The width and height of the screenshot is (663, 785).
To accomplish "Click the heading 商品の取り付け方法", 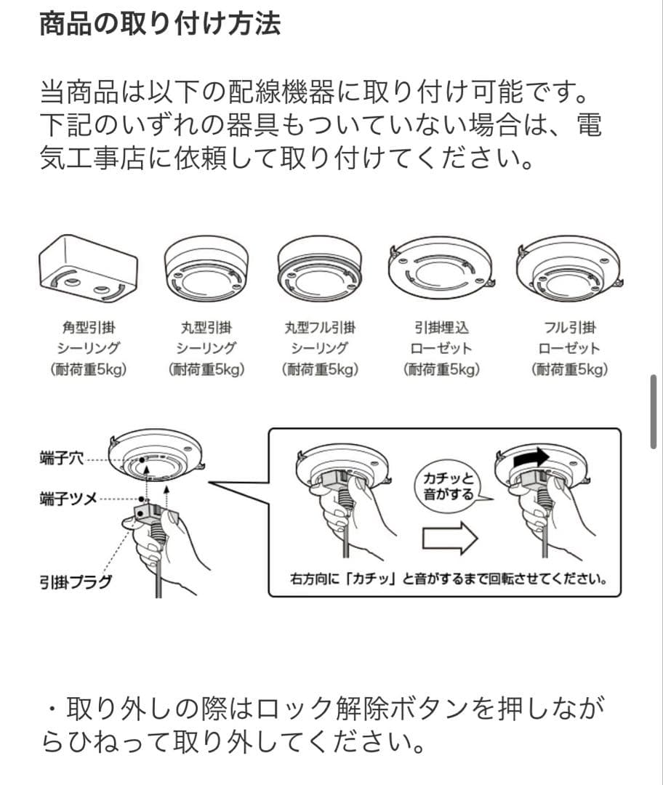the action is (x=160, y=23).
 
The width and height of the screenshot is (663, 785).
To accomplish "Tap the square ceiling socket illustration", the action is (x=88, y=269).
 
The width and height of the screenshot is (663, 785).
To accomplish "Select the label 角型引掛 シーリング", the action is (x=89, y=338).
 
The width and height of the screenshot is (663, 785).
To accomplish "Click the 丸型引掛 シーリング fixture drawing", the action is (x=206, y=269).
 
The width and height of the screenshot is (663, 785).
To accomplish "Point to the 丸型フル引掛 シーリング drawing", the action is (x=320, y=269).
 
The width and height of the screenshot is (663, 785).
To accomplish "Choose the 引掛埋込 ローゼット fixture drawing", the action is (x=441, y=269).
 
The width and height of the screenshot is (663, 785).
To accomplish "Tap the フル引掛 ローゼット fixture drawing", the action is (x=570, y=269).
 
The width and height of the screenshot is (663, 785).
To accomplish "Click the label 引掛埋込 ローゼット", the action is (x=441, y=338).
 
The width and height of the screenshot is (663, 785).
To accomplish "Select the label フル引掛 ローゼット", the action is (x=570, y=338).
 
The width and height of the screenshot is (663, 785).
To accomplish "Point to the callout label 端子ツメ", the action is (x=68, y=499).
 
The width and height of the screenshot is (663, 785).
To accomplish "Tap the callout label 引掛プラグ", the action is (x=76, y=582).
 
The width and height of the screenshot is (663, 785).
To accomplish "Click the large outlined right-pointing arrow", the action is (x=450, y=539).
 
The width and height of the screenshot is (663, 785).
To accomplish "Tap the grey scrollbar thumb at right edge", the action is (x=654, y=411).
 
